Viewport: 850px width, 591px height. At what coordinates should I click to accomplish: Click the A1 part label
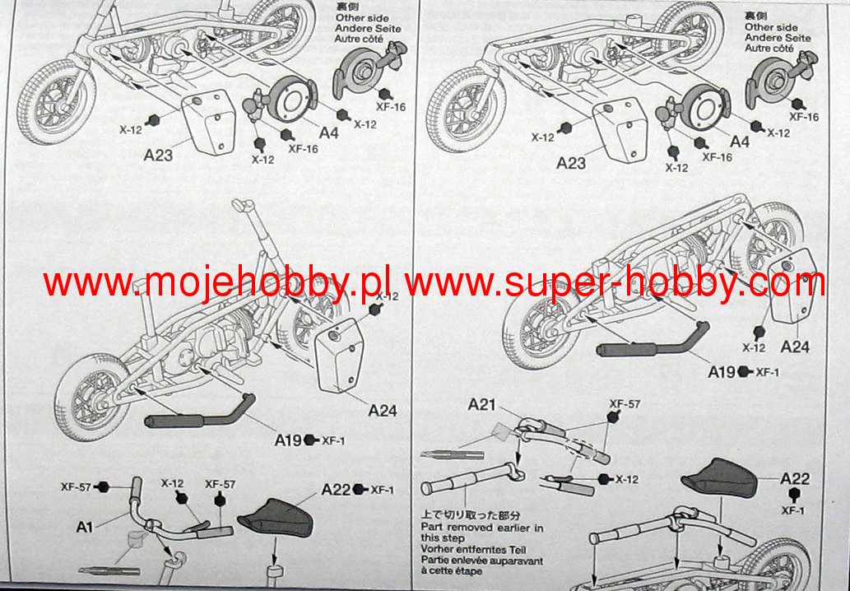tap(84, 526)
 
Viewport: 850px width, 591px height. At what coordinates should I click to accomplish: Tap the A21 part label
tap(482, 404)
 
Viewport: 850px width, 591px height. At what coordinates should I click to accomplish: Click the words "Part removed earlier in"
tap(481, 527)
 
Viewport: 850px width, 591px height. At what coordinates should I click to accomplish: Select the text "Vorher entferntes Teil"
tap(475, 549)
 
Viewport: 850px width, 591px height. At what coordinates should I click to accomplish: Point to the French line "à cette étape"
tap(452, 571)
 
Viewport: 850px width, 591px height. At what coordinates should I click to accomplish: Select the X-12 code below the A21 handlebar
tap(626, 480)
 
